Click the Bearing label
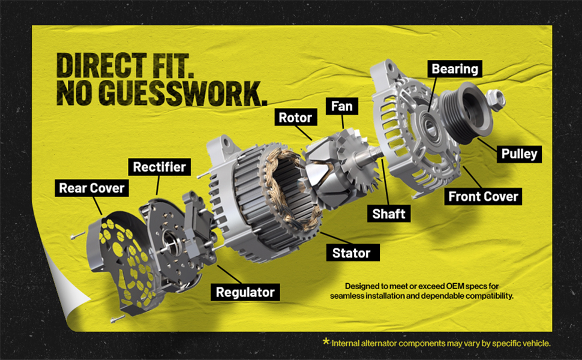(455, 69)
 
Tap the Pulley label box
(519, 154)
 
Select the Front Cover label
(483, 196)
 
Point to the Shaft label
(389, 214)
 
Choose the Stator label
(351, 253)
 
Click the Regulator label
(245, 292)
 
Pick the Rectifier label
(159, 167)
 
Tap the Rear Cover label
(92, 188)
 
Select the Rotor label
(295, 117)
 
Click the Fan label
(341, 107)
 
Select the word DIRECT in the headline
(101, 65)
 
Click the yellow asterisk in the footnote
(326, 341)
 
